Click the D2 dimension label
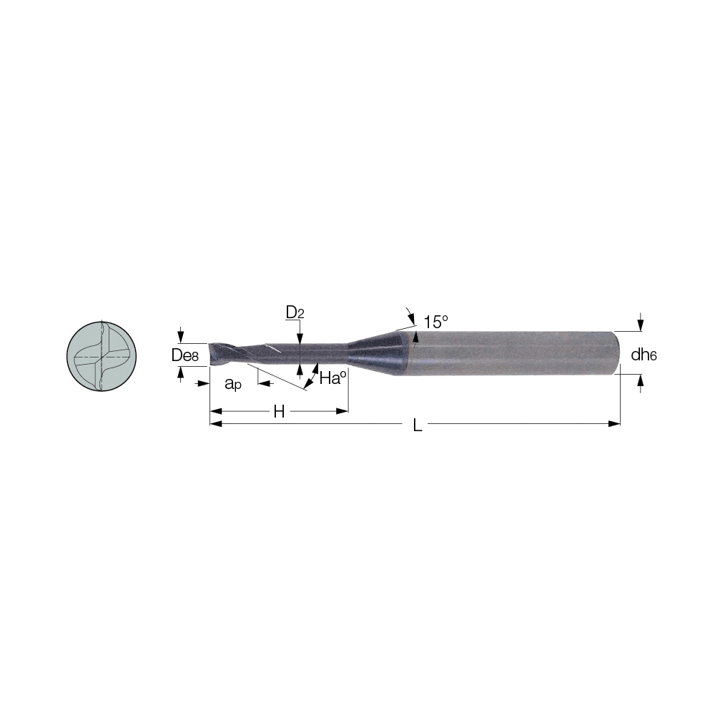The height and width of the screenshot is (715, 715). [295, 312]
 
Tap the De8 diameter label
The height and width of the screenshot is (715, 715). [184, 355]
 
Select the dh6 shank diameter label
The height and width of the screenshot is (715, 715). [643, 355]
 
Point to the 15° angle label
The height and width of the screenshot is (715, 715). [436, 322]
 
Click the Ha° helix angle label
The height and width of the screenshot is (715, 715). [333, 378]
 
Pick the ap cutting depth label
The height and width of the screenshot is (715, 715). [232, 384]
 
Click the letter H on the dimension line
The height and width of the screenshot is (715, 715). [279, 412]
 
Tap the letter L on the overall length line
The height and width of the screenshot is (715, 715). [417, 425]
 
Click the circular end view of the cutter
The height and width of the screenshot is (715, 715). [102, 356]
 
